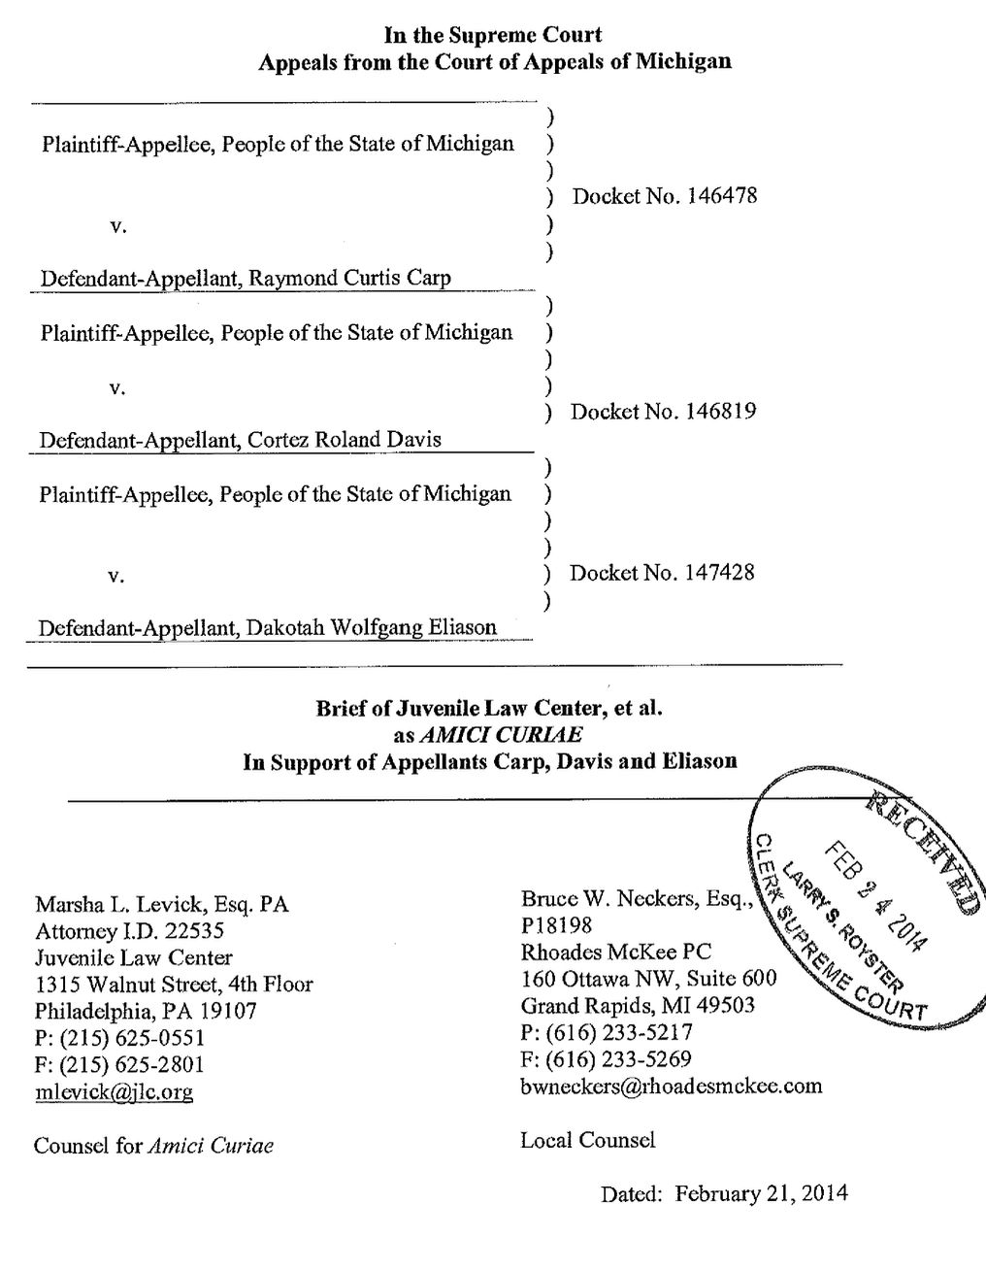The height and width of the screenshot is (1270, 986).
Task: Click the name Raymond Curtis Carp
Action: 349,279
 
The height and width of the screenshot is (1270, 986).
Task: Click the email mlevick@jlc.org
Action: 114,1092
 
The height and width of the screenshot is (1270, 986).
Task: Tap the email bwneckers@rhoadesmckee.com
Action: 671,1086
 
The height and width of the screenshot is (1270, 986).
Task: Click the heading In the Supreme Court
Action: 493,35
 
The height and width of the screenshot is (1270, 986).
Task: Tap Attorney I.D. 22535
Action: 129,931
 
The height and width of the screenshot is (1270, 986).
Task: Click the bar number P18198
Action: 556,925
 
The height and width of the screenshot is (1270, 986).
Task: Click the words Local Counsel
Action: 587,1140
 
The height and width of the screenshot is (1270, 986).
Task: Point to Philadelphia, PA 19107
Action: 146,1011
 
